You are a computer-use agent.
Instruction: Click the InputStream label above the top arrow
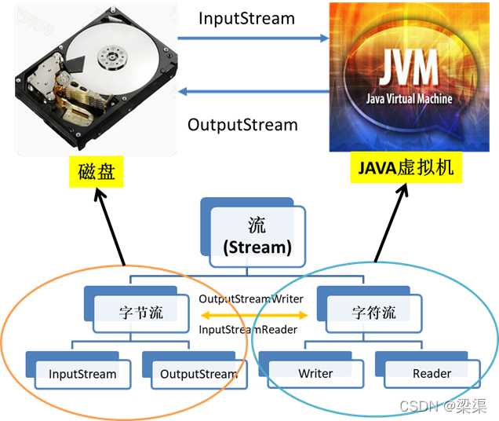point(246,18)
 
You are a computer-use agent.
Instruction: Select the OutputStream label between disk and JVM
point(242,125)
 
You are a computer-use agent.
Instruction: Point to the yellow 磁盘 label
point(97,171)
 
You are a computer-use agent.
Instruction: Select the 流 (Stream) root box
point(257,236)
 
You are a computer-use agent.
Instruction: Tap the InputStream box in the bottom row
point(82,374)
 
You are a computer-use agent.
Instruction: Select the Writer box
point(315,374)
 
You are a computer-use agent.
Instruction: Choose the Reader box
point(432,374)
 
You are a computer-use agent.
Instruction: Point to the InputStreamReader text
point(248,330)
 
